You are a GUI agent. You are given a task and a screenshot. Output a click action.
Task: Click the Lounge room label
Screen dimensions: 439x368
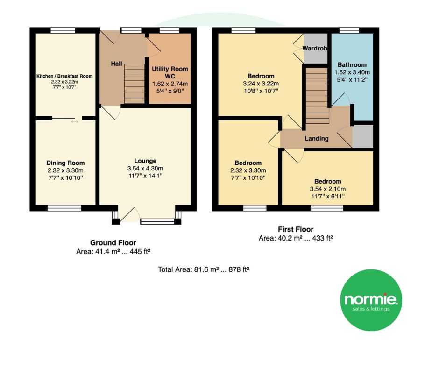click(145, 161)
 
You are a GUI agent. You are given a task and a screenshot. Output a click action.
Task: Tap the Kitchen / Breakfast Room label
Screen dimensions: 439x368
click(64, 76)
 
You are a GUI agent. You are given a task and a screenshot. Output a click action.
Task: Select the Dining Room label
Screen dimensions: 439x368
click(65, 163)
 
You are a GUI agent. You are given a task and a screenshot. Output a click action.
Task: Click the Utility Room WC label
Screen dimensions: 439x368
click(170, 72)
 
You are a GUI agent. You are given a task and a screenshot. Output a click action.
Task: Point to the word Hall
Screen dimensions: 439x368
click(116, 64)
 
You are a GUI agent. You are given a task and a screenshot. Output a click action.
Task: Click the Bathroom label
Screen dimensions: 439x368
click(352, 65)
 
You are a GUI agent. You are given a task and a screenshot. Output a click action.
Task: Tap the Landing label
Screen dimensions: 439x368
click(316, 138)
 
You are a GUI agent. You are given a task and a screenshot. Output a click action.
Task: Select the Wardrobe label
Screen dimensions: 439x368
click(315, 48)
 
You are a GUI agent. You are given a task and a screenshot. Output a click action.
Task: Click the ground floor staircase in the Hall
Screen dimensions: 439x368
click(135, 84)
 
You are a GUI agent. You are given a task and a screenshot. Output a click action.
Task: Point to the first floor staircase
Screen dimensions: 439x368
click(317, 96)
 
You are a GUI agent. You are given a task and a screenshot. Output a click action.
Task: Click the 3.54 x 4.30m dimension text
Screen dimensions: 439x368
click(145, 168)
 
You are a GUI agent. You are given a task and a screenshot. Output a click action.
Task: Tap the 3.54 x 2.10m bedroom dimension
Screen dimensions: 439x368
click(327, 189)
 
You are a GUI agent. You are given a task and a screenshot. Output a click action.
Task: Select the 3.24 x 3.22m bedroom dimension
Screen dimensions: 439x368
click(261, 84)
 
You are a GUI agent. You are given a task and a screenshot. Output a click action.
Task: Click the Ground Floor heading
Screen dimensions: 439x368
click(113, 242)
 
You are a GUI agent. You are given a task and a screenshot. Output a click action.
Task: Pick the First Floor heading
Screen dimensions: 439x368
click(296, 229)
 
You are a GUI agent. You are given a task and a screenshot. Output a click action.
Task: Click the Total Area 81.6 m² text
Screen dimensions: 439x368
click(204, 269)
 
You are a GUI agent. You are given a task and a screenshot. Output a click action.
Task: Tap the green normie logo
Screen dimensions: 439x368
click(371, 300)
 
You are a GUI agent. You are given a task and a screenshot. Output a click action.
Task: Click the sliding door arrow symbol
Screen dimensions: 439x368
click(74, 121)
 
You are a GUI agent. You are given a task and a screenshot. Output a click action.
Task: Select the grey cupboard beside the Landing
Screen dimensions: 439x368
click(363, 136)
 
